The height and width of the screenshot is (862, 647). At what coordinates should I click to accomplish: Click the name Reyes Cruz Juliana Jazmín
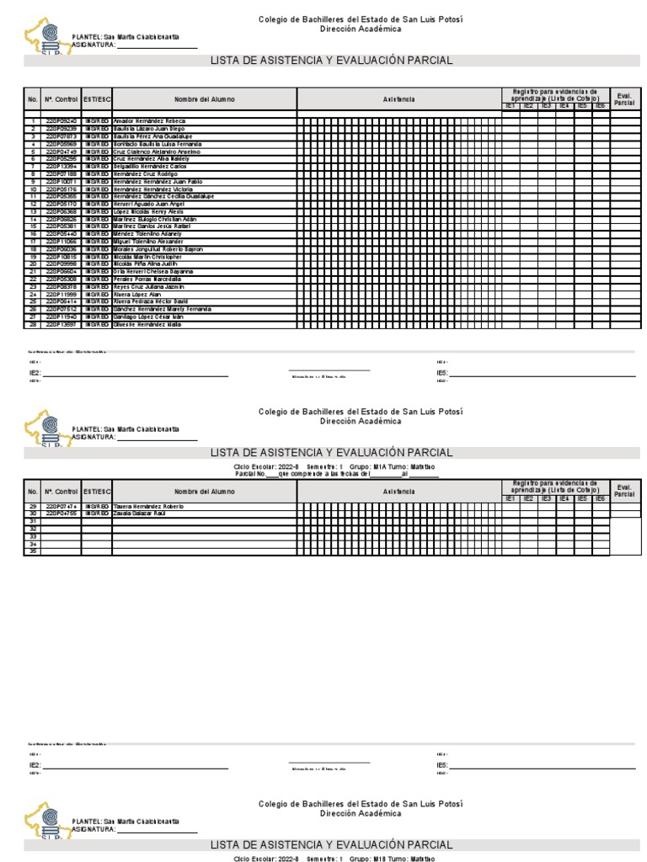pyautogui.click(x=147, y=287)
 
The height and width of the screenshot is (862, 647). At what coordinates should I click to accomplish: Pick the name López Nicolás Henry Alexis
pyautogui.click(x=147, y=211)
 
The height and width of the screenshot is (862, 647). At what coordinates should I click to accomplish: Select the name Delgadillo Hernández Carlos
pyautogui.click(x=149, y=167)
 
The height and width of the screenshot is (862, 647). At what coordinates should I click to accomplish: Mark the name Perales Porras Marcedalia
pyautogui.click(x=146, y=279)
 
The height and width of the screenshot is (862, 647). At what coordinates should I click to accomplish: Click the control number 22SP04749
pyautogui.click(x=61, y=152)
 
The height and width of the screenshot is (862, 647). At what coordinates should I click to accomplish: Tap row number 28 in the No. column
pyautogui.click(x=33, y=324)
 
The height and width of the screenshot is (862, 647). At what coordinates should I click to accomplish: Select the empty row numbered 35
pyautogui.click(x=33, y=551)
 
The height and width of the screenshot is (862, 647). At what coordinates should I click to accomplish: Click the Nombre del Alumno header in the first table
pyautogui.click(x=205, y=99)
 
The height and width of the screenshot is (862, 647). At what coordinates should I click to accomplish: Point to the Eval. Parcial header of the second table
pyautogui.click(x=624, y=490)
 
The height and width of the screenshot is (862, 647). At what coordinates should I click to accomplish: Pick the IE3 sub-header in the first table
pyautogui.click(x=546, y=106)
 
